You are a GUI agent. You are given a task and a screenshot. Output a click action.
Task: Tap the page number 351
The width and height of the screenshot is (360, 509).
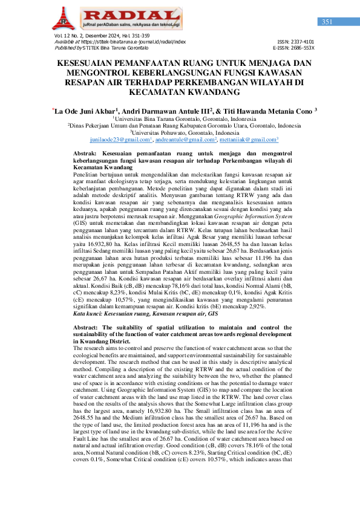pos(327,22)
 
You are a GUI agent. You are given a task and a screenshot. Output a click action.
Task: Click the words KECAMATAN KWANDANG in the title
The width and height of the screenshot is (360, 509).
pos(179,92)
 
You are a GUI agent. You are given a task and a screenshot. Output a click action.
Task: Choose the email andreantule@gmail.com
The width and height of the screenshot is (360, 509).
pos(185,140)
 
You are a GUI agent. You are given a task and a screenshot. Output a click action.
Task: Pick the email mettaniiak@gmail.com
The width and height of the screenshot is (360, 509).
pos(250,140)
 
